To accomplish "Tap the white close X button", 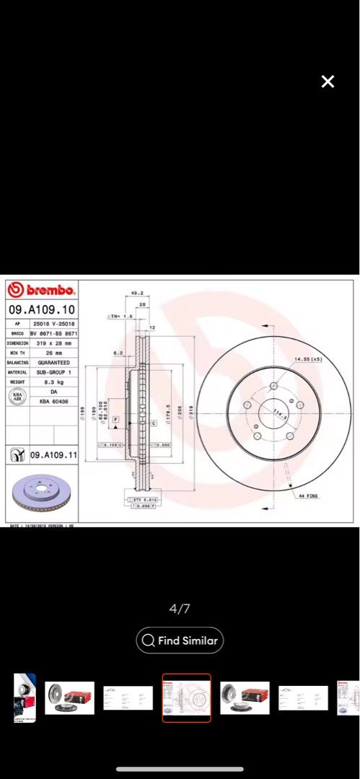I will click(x=328, y=82).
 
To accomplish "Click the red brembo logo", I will click(x=42, y=290).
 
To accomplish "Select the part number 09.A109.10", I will click(x=41, y=309).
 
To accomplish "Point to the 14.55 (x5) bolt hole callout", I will click(x=307, y=358).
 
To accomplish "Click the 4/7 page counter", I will click(x=180, y=609).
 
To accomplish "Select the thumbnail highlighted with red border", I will click(x=186, y=697).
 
